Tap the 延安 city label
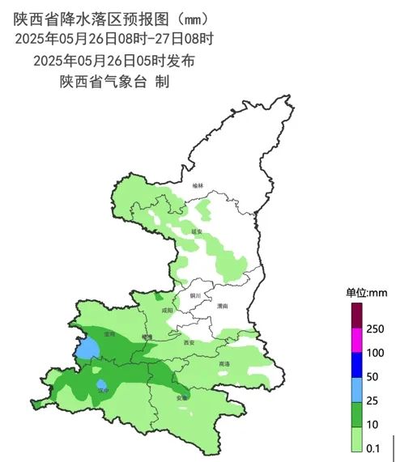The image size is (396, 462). click(x=196, y=231)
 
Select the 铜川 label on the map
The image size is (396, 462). click(x=194, y=296)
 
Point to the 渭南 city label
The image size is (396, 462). click(x=223, y=306)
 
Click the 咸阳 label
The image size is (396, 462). click(x=167, y=309)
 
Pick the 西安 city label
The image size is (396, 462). click(x=189, y=342)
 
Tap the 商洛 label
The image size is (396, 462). click(x=224, y=364)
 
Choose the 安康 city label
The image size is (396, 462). click(x=182, y=397)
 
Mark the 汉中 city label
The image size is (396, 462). click(x=103, y=390)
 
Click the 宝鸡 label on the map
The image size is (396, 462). click(x=109, y=333)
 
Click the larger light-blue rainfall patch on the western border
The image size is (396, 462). click(x=87, y=349)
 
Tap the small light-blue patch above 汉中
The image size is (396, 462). click(x=101, y=383)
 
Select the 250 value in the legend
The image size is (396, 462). click(x=374, y=329)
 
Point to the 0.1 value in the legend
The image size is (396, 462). click(x=373, y=447)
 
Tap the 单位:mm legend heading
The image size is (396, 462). click(x=367, y=292)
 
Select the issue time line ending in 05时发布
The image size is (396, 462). click(x=113, y=60)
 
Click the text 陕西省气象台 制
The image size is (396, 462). click(x=113, y=81)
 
